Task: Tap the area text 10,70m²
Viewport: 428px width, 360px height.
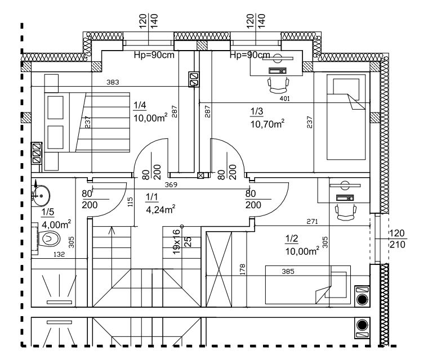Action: tap(266, 123)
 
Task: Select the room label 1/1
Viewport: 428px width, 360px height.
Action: tap(151, 197)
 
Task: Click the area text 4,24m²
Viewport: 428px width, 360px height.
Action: tap(160, 210)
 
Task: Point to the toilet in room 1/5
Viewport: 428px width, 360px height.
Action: tap(50, 239)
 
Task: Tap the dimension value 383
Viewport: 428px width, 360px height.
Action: tap(113, 83)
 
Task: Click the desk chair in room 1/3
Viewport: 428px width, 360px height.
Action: tap(279, 85)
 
